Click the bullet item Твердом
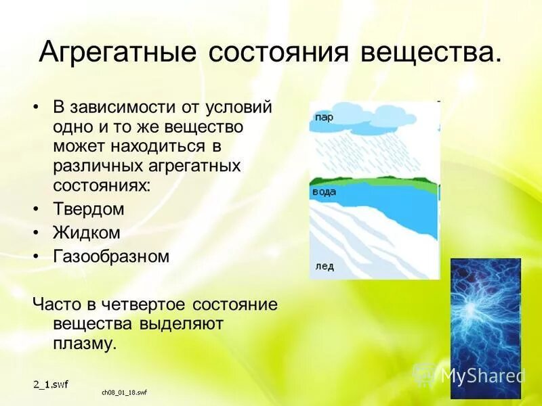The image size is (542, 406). [89, 209]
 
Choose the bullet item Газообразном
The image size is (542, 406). [110, 256]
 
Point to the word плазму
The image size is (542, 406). [85, 343]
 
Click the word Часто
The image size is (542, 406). [54, 304]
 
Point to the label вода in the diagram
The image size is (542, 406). [323, 193]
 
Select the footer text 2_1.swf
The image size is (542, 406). [51, 384]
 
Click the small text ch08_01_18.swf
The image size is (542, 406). [125, 392]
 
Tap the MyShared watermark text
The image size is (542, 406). [482, 376]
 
